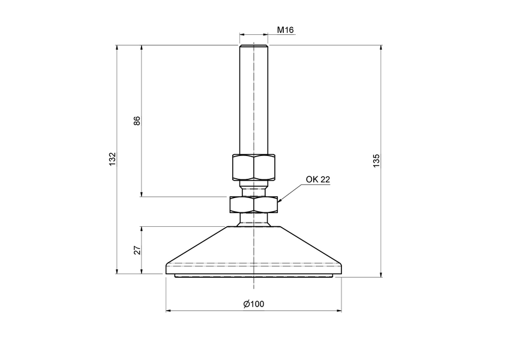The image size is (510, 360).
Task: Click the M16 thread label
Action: point(285,30)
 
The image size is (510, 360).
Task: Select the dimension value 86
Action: point(137,121)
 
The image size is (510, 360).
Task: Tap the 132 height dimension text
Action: point(112,160)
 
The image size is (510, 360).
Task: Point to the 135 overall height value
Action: point(376,161)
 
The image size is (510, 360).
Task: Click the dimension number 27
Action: point(137,250)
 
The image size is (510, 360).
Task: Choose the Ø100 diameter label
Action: point(254,304)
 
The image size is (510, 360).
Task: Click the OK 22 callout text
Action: point(318,179)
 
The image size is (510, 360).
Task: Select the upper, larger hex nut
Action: point(253,167)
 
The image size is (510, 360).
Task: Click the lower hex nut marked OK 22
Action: point(253,205)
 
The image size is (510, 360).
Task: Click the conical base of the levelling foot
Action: point(253,249)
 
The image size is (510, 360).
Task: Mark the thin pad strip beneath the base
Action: point(253,276)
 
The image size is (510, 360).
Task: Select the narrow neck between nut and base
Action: point(253,220)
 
